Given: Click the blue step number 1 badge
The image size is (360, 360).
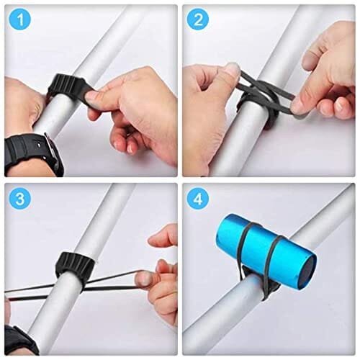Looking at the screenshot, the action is pyautogui.click(x=20, y=20).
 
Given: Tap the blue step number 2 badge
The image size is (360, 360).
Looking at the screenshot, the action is pyautogui.click(x=198, y=20).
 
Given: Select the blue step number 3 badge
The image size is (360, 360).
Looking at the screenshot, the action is pyautogui.click(x=20, y=199).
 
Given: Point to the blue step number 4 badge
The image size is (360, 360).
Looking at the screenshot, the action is pyautogui.click(x=198, y=199).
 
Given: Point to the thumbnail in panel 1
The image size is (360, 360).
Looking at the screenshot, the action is pyautogui.click(x=92, y=97).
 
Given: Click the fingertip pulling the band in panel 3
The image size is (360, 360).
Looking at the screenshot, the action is pyautogui.click(x=143, y=279).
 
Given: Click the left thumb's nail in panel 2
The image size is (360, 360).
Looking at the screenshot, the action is pyautogui.click(x=232, y=70).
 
